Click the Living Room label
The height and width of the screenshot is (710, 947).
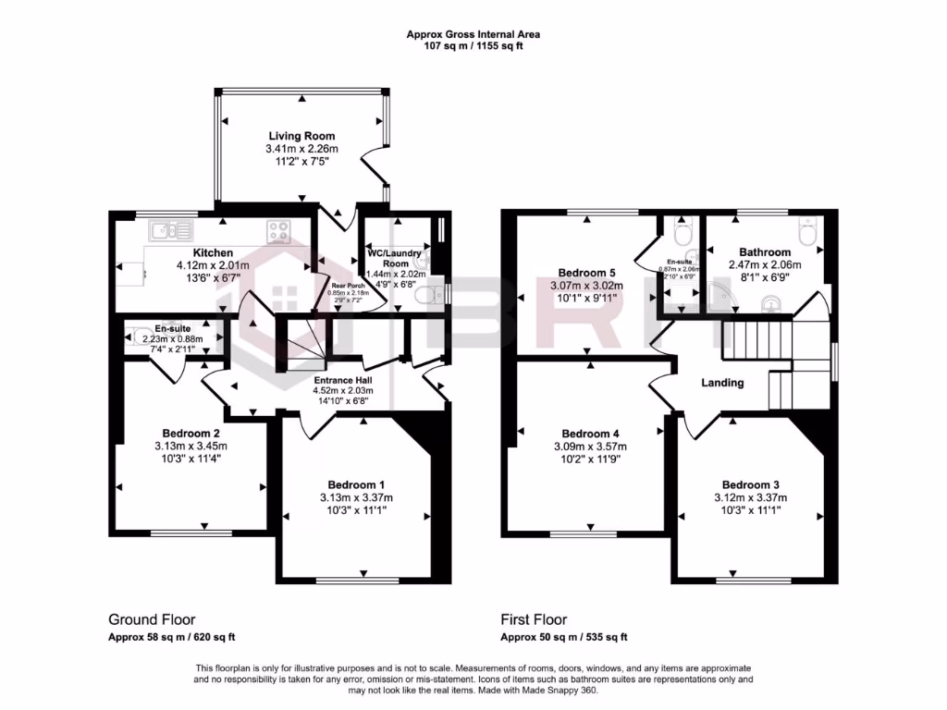point(301,136)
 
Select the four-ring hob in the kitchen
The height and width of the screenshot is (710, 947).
point(280,229)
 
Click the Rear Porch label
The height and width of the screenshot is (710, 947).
point(350,286)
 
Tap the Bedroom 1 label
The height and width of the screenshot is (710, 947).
point(356,485)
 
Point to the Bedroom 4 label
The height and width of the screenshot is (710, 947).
point(590,434)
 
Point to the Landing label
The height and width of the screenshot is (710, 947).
point(722,382)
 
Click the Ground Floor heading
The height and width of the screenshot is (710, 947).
point(152,619)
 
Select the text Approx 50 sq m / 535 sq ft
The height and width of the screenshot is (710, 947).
point(564,637)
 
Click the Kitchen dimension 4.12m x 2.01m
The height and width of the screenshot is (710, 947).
point(213,265)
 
